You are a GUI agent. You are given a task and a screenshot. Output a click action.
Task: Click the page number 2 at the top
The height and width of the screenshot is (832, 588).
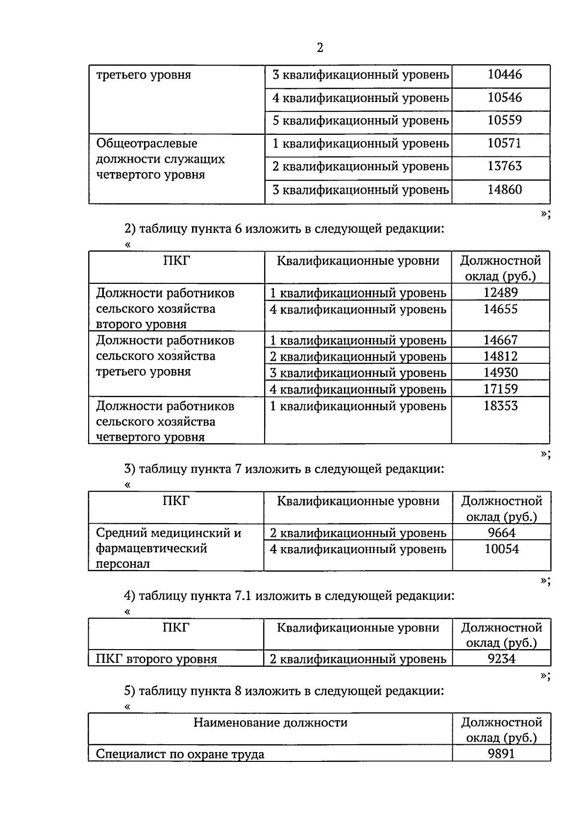pos(320,48)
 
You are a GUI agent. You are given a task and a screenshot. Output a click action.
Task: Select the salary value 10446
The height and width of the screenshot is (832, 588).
pos(505,75)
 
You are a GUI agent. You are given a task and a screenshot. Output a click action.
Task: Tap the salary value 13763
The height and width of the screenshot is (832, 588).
pos(505,166)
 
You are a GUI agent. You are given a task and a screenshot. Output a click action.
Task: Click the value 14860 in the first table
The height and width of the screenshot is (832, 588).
pos(505,189)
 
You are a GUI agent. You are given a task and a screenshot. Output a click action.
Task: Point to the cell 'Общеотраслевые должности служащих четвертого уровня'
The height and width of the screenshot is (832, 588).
pos(160,159)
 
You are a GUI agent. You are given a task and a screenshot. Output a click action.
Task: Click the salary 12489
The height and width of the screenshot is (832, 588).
pos(500,293)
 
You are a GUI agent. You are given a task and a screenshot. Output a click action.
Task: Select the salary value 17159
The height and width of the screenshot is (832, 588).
pos(500,389)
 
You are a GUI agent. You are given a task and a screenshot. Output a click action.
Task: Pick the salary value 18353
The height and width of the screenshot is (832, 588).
pos(500,406)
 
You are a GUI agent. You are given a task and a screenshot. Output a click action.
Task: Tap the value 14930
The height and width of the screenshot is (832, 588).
pos(500,373)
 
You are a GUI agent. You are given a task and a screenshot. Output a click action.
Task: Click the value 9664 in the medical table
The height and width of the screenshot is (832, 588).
pos(502,532)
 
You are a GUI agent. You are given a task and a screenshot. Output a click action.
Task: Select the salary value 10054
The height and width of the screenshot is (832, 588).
pos(502,549)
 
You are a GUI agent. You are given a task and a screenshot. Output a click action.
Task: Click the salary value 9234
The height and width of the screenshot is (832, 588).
pos(502,658)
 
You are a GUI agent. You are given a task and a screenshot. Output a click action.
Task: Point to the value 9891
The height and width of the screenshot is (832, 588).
pos(502,754)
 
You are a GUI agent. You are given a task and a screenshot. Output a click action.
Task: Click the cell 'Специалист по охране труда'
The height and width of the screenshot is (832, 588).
pos(180,754)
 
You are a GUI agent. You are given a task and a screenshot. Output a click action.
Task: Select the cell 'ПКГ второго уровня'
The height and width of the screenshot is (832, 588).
pos(156,659)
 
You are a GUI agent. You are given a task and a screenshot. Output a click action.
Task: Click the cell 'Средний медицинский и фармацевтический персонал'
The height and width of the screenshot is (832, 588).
pos(169,548)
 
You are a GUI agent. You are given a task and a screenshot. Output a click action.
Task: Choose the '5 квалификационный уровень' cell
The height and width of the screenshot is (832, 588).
pos(361,121)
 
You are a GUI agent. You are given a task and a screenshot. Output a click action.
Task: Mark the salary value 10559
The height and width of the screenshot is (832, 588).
pos(505,120)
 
